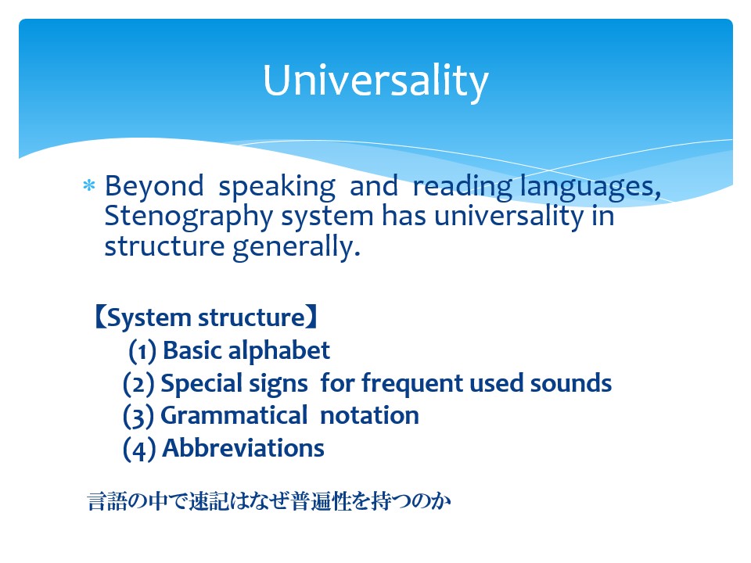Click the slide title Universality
[x=375, y=81]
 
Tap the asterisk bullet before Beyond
[x=89, y=185]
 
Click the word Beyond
[x=154, y=186]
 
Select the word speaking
[x=277, y=187]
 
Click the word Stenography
[x=189, y=217]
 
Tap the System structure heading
[x=206, y=318]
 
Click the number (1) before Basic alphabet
[x=142, y=351]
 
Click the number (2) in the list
[x=138, y=384]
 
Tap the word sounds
[x=571, y=383]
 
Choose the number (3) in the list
[x=138, y=416]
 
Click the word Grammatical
[x=234, y=415]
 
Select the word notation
[x=370, y=415]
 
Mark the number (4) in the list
[x=139, y=449]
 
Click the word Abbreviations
[x=243, y=448]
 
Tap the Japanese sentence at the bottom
[x=269, y=501]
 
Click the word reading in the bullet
[x=462, y=187]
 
